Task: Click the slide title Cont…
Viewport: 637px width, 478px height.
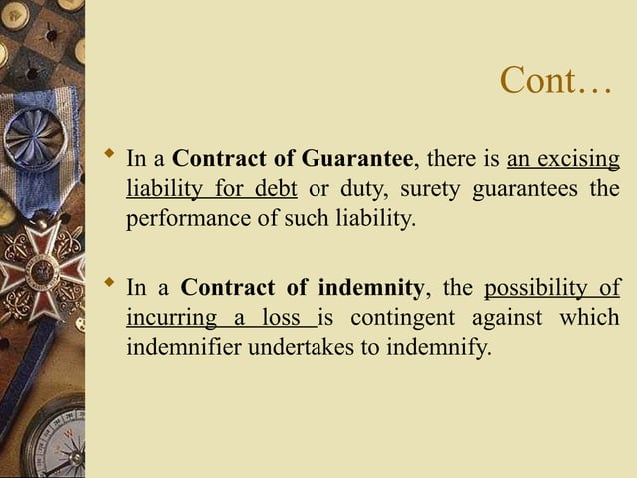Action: [555, 81]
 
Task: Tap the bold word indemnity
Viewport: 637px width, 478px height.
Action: [371, 290]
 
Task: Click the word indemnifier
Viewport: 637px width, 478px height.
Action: [184, 350]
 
